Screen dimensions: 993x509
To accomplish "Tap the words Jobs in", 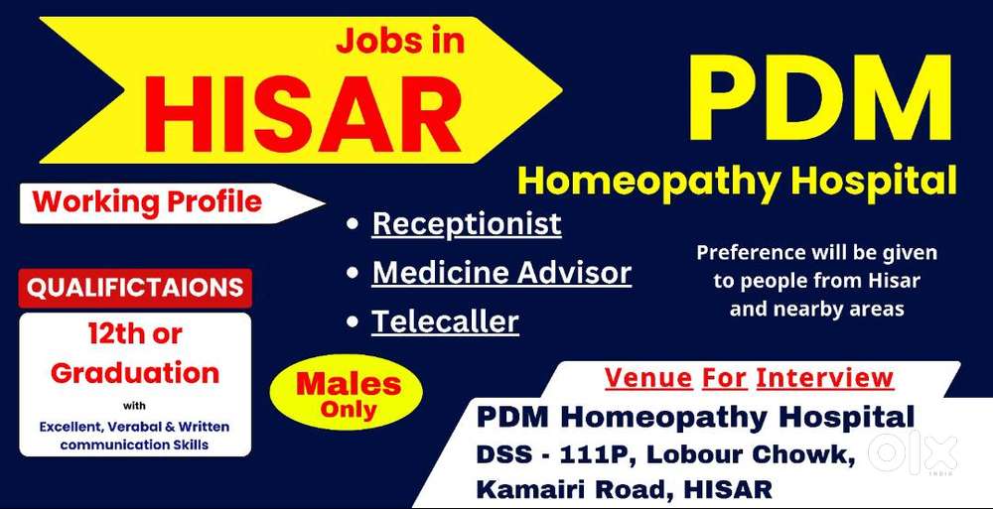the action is coord(400,41).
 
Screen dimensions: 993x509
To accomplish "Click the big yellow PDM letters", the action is coord(821,98).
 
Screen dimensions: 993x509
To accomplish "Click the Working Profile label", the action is coord(148,202).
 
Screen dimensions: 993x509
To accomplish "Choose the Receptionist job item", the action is coord(467,224).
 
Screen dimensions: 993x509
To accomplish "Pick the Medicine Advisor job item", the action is coord(501,273).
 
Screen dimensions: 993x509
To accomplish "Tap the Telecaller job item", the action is coord(445,321).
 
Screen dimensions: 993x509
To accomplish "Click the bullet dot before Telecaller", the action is coord(353,322).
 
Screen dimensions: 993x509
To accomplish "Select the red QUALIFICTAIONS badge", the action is coord(135,288).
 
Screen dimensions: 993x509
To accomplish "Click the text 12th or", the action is coord(135,335).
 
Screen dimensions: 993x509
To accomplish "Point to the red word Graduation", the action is coord(135,372).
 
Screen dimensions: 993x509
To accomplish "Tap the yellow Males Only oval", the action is coord(347,393).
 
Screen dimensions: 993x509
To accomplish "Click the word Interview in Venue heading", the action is coord(824,378).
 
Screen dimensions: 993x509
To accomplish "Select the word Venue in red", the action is coord(648,378).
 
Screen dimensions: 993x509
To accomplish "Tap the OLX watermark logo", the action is coord(913,453).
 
